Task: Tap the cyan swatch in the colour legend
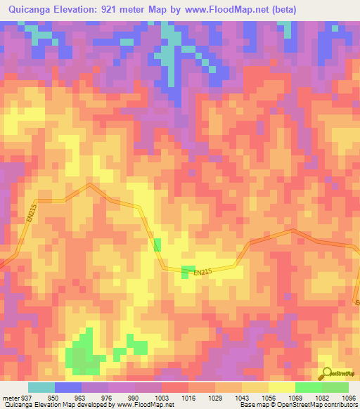click(41, 388)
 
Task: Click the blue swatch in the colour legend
click(68, 388)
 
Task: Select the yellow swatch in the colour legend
click(281, 388)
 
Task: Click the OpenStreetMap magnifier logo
click(327, 375)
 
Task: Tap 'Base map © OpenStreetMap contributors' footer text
click(297, 404)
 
